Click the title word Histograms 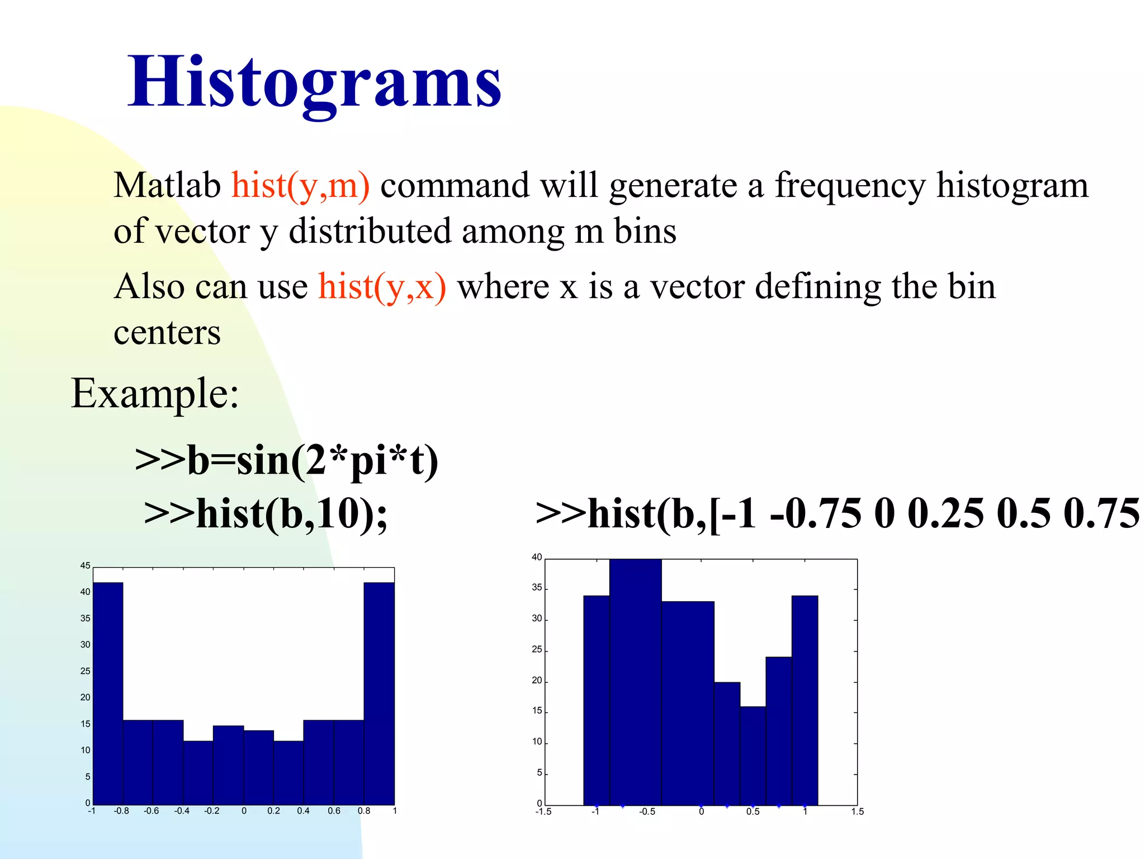[315, 82]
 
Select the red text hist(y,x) [382, 286]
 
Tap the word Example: [155, 393]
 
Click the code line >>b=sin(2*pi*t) [287, 460]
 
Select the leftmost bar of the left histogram [108, 693]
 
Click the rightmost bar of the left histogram [379, 693]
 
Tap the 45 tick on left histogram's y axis [85, 565]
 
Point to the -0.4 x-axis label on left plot [182, 811]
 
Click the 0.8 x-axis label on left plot [364, 811]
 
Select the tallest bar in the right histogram [635, 682]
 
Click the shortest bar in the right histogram [753, 755]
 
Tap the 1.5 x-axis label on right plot [857, 811]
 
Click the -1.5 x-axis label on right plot [543, 811]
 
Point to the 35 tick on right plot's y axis [537, 588]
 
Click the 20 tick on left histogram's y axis [85, 697]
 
